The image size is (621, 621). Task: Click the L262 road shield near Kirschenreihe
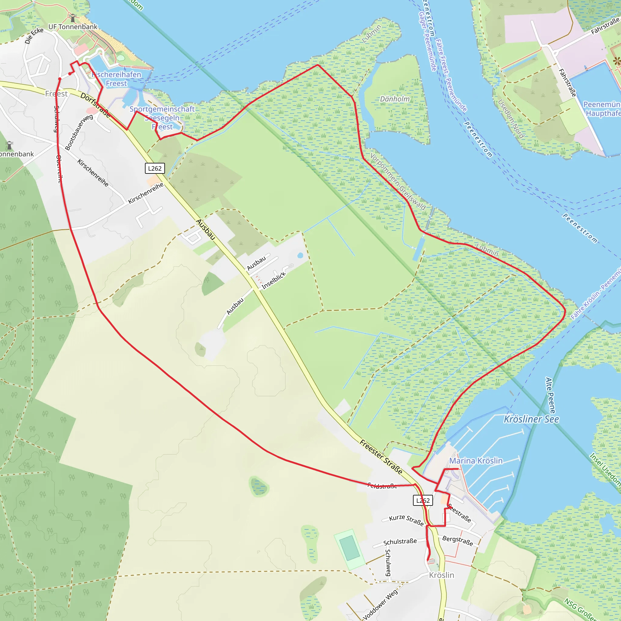(x=155, y=168)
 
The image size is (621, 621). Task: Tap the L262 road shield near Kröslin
(x=423, y=500)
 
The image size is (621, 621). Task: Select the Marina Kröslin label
(x=476, y=461)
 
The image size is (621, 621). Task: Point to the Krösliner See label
(x=531, y=419)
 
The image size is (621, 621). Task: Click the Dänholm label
(x=395, y=99)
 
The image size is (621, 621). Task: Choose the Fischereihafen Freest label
(x=116, y=79)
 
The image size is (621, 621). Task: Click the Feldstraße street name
(x=382, y=486)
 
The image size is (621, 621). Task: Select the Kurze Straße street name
(x=406, y=520)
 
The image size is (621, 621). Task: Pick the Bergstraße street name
(x=458, y=541)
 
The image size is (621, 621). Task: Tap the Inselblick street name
(x=273, y=280)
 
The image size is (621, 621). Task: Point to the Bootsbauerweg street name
(x=79, y=132)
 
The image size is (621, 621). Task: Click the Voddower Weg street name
(x=381, y=604)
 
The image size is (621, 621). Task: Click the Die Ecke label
(x=34, y=35)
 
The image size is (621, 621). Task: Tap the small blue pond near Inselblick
(x=300, y=256)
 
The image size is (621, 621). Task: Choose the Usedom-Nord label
(x=511, y=119)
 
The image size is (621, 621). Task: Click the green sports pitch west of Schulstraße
(x=349, y=548)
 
